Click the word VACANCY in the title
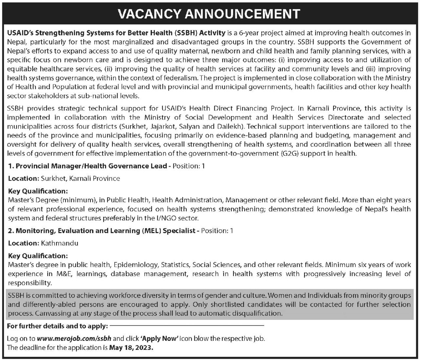(149, 14)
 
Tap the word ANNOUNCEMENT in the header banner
(243, 14)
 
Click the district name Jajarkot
(163, 127)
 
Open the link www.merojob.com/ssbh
(74, 339)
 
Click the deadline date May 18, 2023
(131, 348)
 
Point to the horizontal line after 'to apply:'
(187, 326)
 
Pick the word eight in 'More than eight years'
(389, 200)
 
